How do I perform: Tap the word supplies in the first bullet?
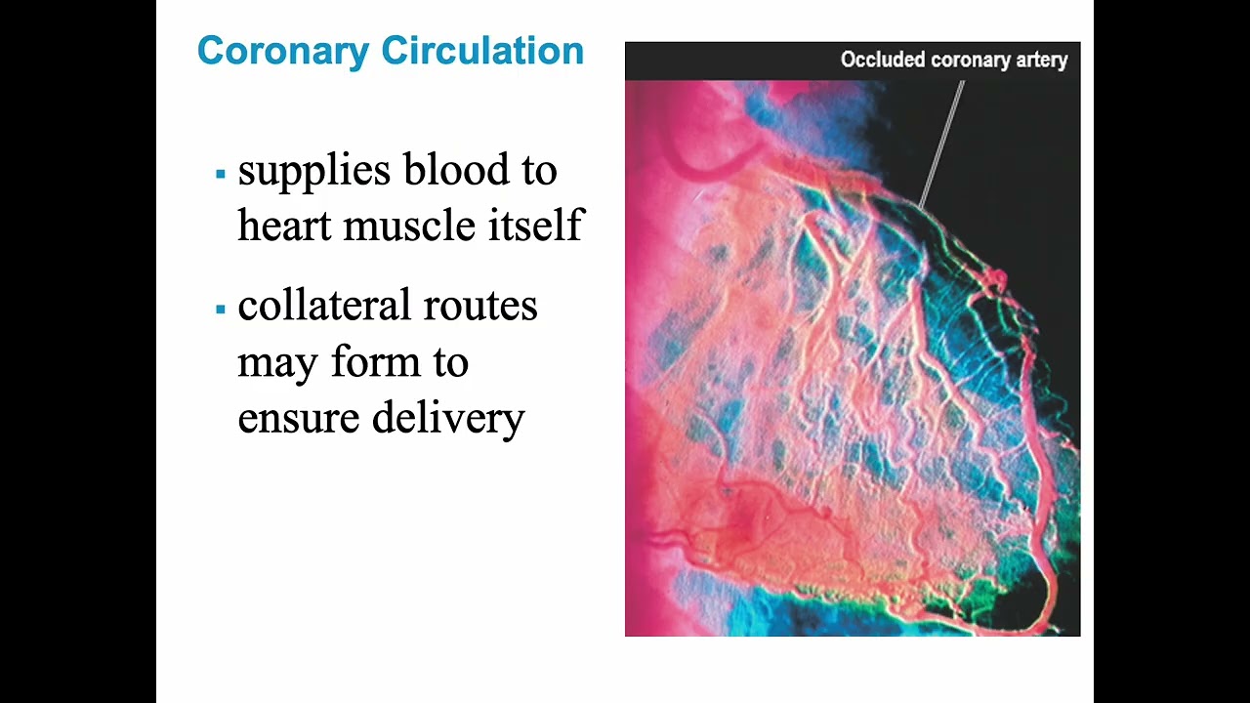pyautogui.click(x=313, y=172)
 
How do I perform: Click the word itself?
pyautogui.click(x=535, y=227)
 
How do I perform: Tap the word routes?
pyautogui.click(x=488, y=308)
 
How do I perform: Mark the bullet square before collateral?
pyautogui.click(x=221, y=310)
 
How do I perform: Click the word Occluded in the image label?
pyautogui.click(x=882, y=61)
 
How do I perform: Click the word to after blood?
pyautogui.click(x=538, y=172)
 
